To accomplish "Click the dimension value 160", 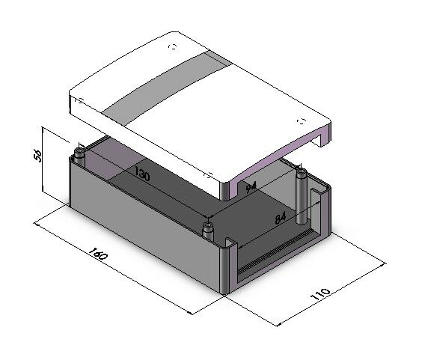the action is coord(98,253).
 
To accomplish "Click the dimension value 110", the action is coord(320,294).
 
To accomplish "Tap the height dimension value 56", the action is coord(37,156).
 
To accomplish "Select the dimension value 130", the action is coord(141,174).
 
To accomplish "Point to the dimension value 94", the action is coord(251,187).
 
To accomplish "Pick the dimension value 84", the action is coord(281,218).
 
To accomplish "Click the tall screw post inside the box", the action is coord(302,196).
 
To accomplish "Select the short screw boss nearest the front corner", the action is coord(208,230).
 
